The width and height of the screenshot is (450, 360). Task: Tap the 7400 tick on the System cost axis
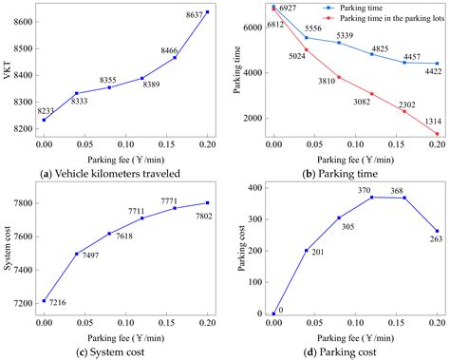coord(22,270)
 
